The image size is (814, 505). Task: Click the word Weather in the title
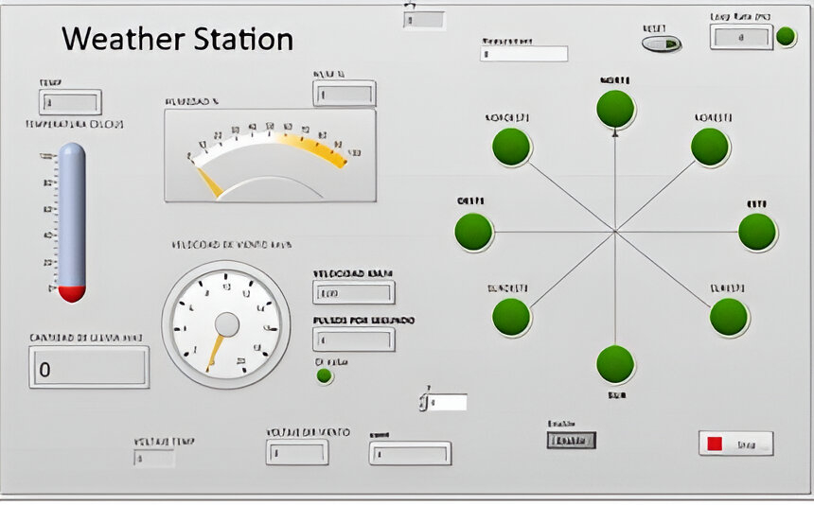pyautogui.click(x=119, y=40)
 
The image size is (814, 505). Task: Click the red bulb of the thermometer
pyautogui.click(x=72, y=292)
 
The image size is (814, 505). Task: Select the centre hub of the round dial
pyautogui.click(x=226, y=325)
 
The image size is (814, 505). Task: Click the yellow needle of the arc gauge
pyautogui.click(x=208, y=180)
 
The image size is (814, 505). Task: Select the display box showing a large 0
pyautogui.click(x=89, y=368)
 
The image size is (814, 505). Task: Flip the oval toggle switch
pyautogui.click(x=661, y=44)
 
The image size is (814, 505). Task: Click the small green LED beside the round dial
pyautogui.click(x=325, y=375)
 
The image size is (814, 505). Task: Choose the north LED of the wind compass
pyautogui.click(x=615, y=109)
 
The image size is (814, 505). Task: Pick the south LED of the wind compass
pyautogui.click(x=615, y=364)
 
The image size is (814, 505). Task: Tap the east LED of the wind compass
pyautogui.click(x=757, y=232)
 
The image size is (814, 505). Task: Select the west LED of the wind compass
pyautogui.click(x=473, y=232)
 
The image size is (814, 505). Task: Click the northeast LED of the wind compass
pyautogui.click(x=710, y=147)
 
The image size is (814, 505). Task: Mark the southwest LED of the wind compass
pyautogui.click(x=511, y=317)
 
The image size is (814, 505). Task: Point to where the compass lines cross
pyautogui.click(x=615, y=231)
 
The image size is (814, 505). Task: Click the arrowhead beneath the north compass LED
pyautogui.click(x=615, y=134)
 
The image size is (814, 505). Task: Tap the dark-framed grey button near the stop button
pyautogui.click(x=571, y=441)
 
